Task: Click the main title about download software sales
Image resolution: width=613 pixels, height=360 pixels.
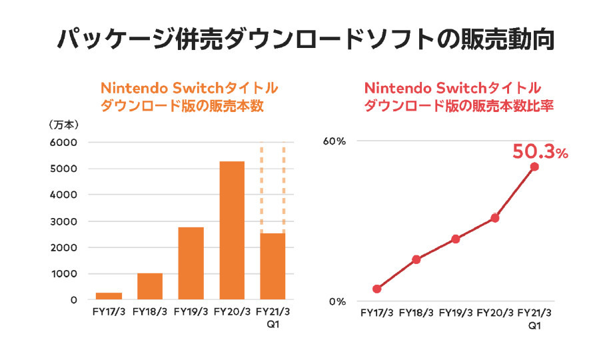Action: tap(306, 39)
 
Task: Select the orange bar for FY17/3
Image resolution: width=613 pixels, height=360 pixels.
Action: tap(109, 296)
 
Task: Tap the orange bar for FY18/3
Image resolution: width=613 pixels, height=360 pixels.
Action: tap(150, 286)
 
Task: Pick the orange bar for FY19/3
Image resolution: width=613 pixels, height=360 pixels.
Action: tap(191, 263)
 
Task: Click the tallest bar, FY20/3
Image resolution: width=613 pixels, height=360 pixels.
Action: tap(232, 230)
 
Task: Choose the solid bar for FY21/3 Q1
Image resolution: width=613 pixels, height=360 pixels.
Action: tap(273, 266)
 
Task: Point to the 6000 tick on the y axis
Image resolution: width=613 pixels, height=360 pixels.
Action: tap(65, 143)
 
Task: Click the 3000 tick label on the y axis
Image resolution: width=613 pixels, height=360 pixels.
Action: tap(65, 221)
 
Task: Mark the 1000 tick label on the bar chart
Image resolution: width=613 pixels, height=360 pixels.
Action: tap(65, 274)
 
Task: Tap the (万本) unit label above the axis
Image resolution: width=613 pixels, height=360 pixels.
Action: tap(64, 125)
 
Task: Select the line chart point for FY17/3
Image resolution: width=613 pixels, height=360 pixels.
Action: tap(377, 289)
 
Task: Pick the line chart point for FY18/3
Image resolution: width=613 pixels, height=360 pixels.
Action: tap(416, 259)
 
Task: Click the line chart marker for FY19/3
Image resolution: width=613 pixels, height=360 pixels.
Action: tap(456, 239)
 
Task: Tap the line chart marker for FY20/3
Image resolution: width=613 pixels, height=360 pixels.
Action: tap(495, 218)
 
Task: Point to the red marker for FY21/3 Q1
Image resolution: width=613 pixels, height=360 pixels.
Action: tap(534, 167)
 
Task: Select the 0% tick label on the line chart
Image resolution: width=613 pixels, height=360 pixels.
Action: tap(338, 301)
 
